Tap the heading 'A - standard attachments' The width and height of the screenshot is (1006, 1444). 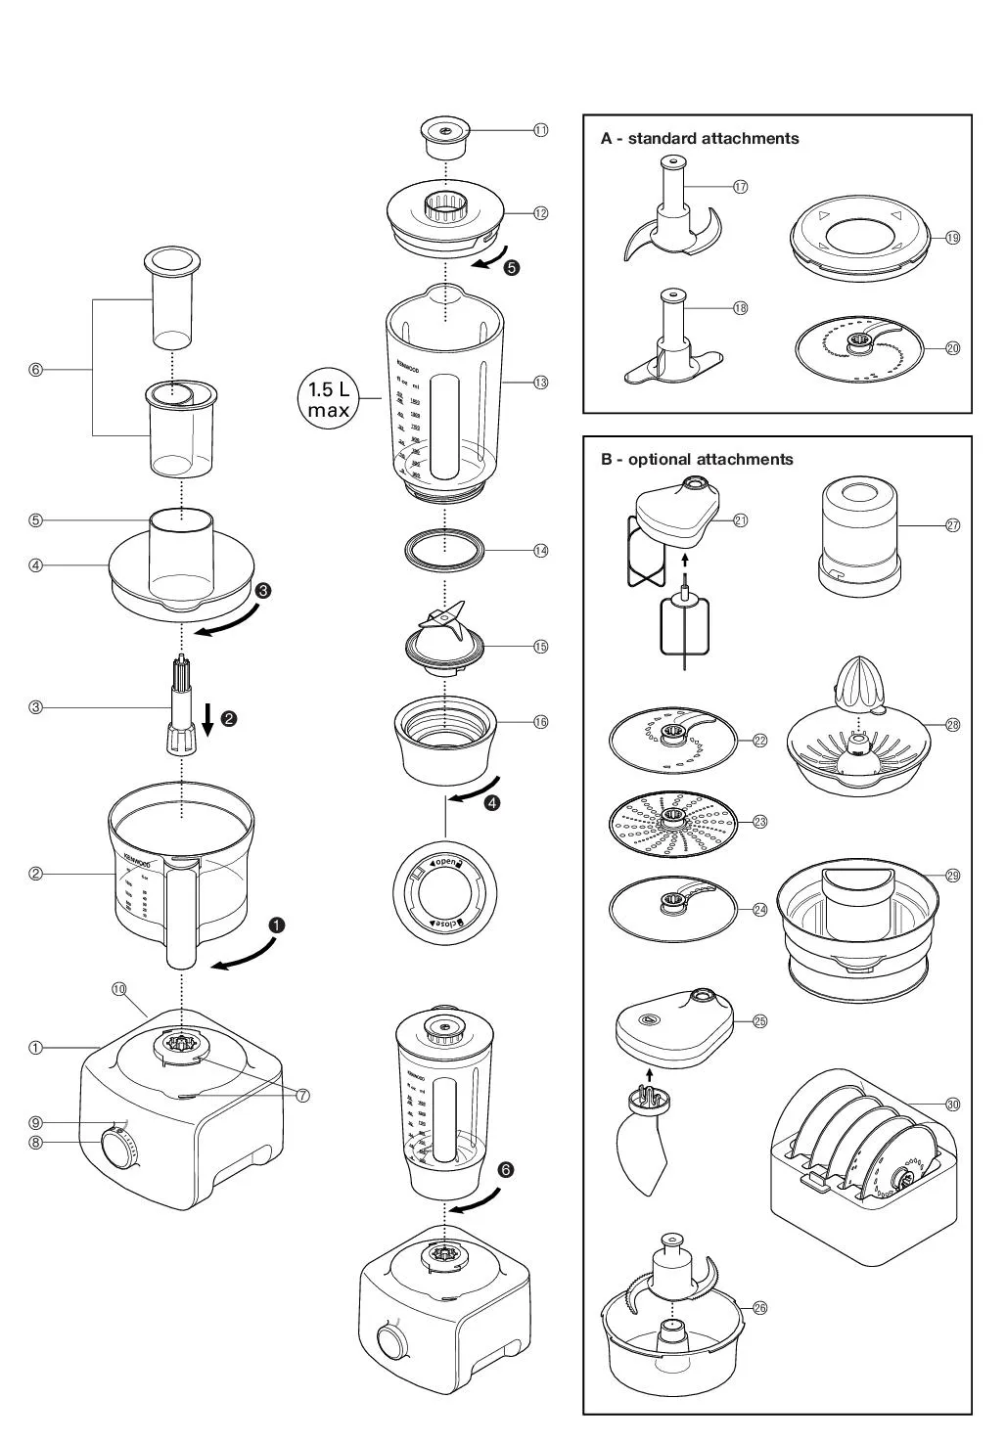pos(700,139)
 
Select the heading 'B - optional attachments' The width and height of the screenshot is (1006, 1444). pos(697,459)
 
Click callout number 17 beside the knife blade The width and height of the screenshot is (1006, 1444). pos(741,187)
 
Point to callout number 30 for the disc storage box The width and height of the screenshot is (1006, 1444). pos(952,1104)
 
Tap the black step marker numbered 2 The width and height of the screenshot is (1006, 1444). pos(229,719)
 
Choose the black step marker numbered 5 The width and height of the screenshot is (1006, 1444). pos(511,267)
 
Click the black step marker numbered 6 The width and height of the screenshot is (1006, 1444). pos(505,1169)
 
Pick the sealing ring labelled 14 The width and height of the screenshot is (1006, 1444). pos(445,550)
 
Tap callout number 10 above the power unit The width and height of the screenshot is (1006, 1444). pos(119,989)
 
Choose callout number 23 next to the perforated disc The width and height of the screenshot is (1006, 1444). pos(759,822)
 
